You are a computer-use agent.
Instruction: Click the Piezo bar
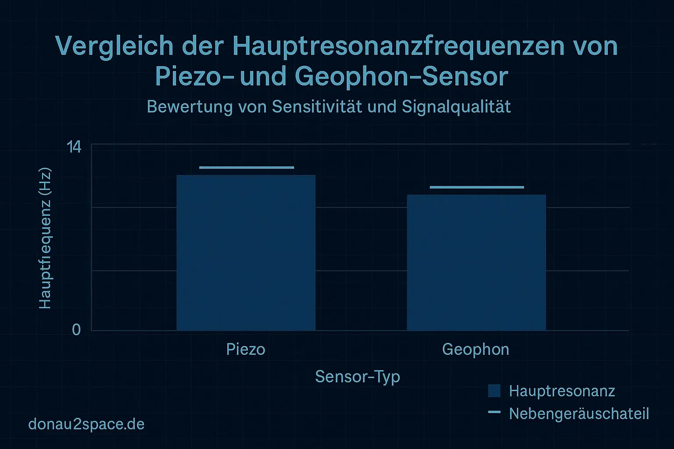[246, 253]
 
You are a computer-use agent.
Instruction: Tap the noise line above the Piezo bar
[246, 167]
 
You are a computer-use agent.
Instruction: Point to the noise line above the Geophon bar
[477, 187]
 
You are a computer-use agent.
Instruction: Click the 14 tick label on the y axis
[74, 148]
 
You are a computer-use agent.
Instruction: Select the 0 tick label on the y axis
[76, 330]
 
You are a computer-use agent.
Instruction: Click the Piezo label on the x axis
[246, 349]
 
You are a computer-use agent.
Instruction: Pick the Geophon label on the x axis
[476, 349]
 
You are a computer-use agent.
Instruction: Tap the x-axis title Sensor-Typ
[358, 377]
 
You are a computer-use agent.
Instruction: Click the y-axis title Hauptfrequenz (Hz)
[45, 239]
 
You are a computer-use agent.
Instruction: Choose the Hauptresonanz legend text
[562, 391]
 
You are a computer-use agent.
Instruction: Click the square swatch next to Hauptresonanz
[494, 391]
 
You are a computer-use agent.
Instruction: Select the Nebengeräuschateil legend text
[579, 413]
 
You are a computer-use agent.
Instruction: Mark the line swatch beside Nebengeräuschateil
[494, 412]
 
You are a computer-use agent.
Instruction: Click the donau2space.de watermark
[86, 424]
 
